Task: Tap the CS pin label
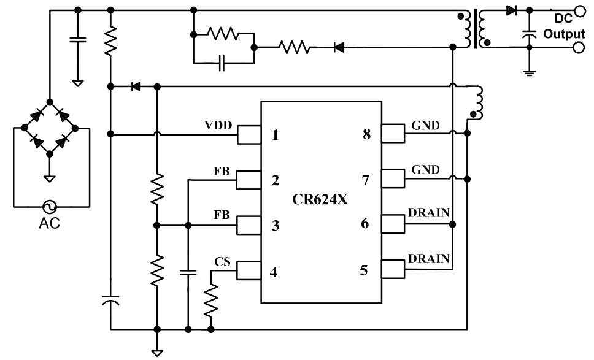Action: tap(222, 262)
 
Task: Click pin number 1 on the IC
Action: tap(275, 135)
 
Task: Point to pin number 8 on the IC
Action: tap(366, 135)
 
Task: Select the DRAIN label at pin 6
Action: tap(429, 212)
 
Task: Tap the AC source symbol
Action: tap(49, 207)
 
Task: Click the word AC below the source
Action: tap(49, 223)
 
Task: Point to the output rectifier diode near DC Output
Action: tap(511, 10)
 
